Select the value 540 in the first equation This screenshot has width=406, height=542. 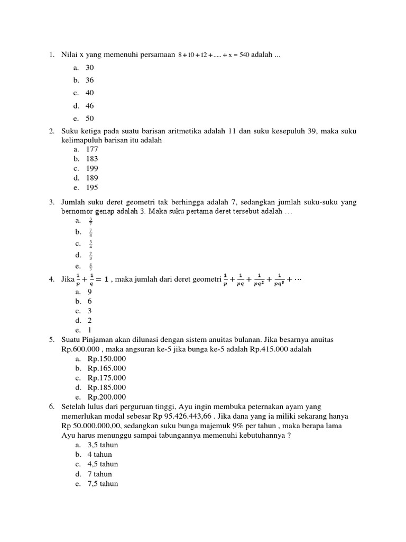tap(244, 55)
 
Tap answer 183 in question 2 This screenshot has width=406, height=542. tap(92, 159)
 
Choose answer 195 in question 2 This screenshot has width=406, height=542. tap(92, 187)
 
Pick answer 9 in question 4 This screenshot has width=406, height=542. tap(90, 291)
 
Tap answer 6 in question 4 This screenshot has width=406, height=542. tap(90, 301)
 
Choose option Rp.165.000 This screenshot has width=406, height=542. tap(107, 368)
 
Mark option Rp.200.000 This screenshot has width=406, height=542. tap(107, 397)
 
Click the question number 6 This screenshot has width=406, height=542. tap(52, 406)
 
